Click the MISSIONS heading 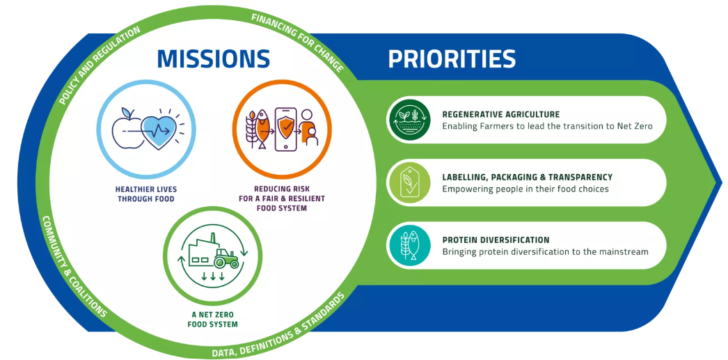pyautogui.click(x=214, y=58)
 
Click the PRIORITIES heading pyautogui.click(x=452, y=58)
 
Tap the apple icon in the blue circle pyautogui.click(x=127, y=129)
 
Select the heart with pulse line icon pyautogui.click(x=159, y=130)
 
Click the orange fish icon pyautogui.click(x=262, y=129)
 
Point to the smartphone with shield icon pyautogui.click(x=285, y=129)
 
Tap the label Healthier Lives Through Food pyautogui.click(x=145, y=195)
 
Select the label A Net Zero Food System pyautogui.click(x=212, y=319)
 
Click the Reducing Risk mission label pyautogui.click(x=283, y=198)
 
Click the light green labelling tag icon pyautogui.click(x=409, y=182)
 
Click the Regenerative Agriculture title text pyautogui.click(x=501, y=114)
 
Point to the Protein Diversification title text pyautogui.click(x=496, y=240)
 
